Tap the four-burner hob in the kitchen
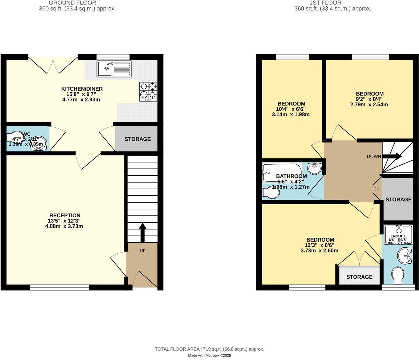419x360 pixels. point(148,91)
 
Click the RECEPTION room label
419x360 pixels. point(65,215)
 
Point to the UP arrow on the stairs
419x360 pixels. point(142,232)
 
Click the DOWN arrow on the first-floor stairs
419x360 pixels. point(392,156)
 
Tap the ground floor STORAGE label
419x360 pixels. point(137,139)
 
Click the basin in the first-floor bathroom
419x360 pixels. point(315,168)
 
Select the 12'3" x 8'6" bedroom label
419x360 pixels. point(320,240)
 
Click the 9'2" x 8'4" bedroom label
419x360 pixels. point(369,94)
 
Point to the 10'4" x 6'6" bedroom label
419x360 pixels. point(291,104)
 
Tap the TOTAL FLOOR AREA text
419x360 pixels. point(209,349)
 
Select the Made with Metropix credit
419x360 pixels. point(209,356)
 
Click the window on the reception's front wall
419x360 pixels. point(59,288)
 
